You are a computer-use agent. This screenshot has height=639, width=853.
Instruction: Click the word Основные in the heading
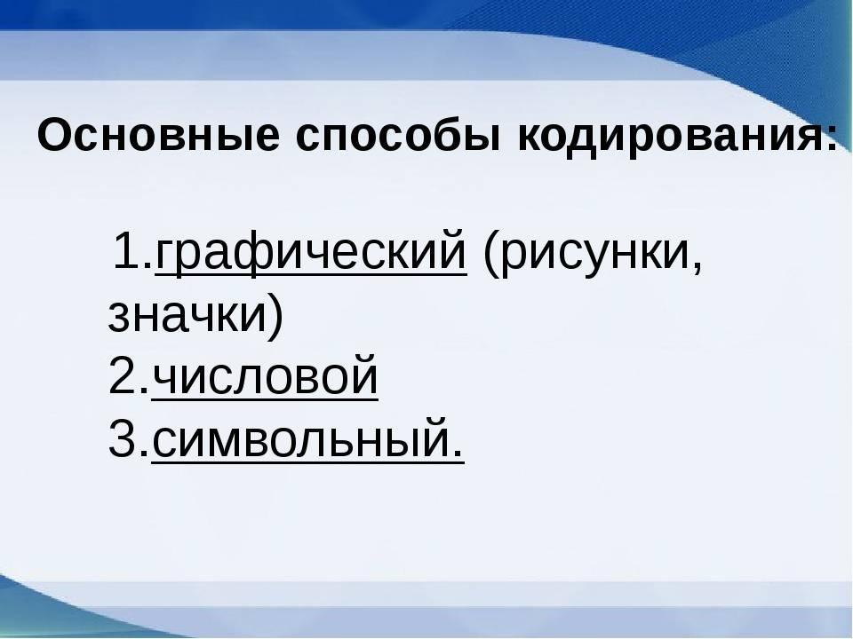158,135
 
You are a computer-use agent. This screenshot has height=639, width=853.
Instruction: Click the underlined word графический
311,251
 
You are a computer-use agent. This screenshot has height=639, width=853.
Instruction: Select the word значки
186,316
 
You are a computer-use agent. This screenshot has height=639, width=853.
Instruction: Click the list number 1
126,250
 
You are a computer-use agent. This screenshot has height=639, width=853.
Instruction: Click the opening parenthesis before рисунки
490,254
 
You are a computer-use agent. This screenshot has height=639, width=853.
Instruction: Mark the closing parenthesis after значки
275,317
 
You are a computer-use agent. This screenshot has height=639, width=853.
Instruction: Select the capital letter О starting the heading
55,135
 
